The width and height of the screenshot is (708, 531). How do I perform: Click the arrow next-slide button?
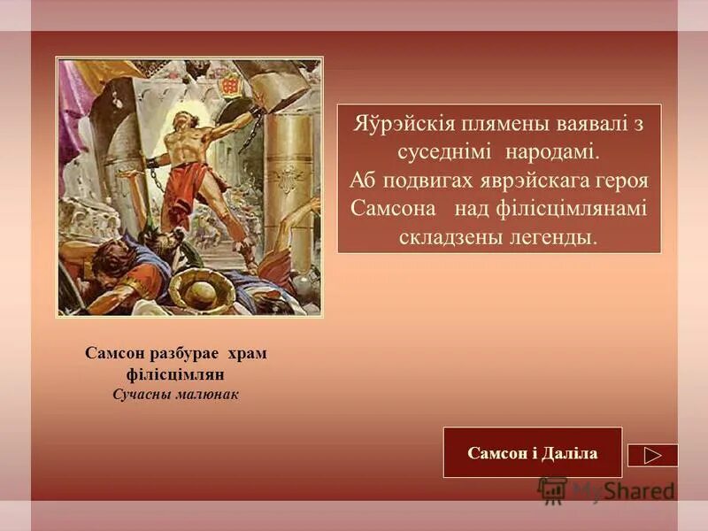pos(652,455)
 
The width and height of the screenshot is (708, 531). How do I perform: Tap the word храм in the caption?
pos(248,353)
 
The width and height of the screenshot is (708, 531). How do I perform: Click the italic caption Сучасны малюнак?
pos(176,394)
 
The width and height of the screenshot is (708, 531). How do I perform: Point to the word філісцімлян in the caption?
pos(176,373)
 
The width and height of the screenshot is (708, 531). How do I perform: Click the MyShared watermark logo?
pos(606,489)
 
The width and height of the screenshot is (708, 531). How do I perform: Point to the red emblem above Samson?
pos(233,83)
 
